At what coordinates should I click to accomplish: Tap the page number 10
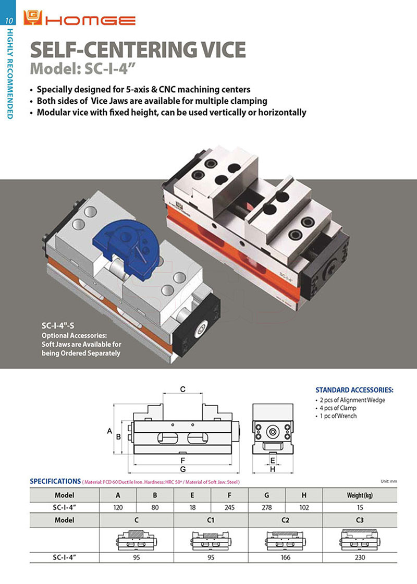tap(9, 21)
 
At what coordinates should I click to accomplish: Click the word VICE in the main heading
tap(219, 50)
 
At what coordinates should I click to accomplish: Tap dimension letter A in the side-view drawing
tap(110, 431)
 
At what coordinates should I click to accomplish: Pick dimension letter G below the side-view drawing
tap(183, 469)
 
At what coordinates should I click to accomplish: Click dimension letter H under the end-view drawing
tap(272, 469)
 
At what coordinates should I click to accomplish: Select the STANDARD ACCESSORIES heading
tap(354, 390)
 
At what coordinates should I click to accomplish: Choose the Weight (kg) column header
tap(360, 495)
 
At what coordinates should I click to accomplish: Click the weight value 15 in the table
tap(360, 506)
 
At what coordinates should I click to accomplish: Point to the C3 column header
tap(360, 520)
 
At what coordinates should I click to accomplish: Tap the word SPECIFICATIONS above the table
tap(55, 481)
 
